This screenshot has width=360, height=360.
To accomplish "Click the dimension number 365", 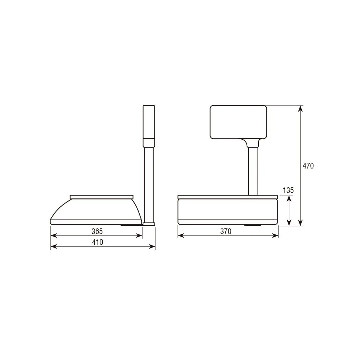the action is (97, 231).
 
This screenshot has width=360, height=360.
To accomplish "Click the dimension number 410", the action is (98, 242).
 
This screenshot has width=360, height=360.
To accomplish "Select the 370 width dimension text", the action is (226, 231).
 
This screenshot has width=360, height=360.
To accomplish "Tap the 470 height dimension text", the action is (308, 166).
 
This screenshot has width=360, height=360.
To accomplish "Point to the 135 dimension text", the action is (288, 190).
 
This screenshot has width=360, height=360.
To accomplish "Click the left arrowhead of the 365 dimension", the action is (54, 235).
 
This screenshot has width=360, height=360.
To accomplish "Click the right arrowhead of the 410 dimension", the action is (152, 247).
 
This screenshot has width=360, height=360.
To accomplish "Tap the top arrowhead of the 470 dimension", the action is (300, 109).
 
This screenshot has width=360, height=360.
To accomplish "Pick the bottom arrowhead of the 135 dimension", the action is (289, 223).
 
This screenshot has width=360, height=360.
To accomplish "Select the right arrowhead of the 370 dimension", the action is (275, 235).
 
